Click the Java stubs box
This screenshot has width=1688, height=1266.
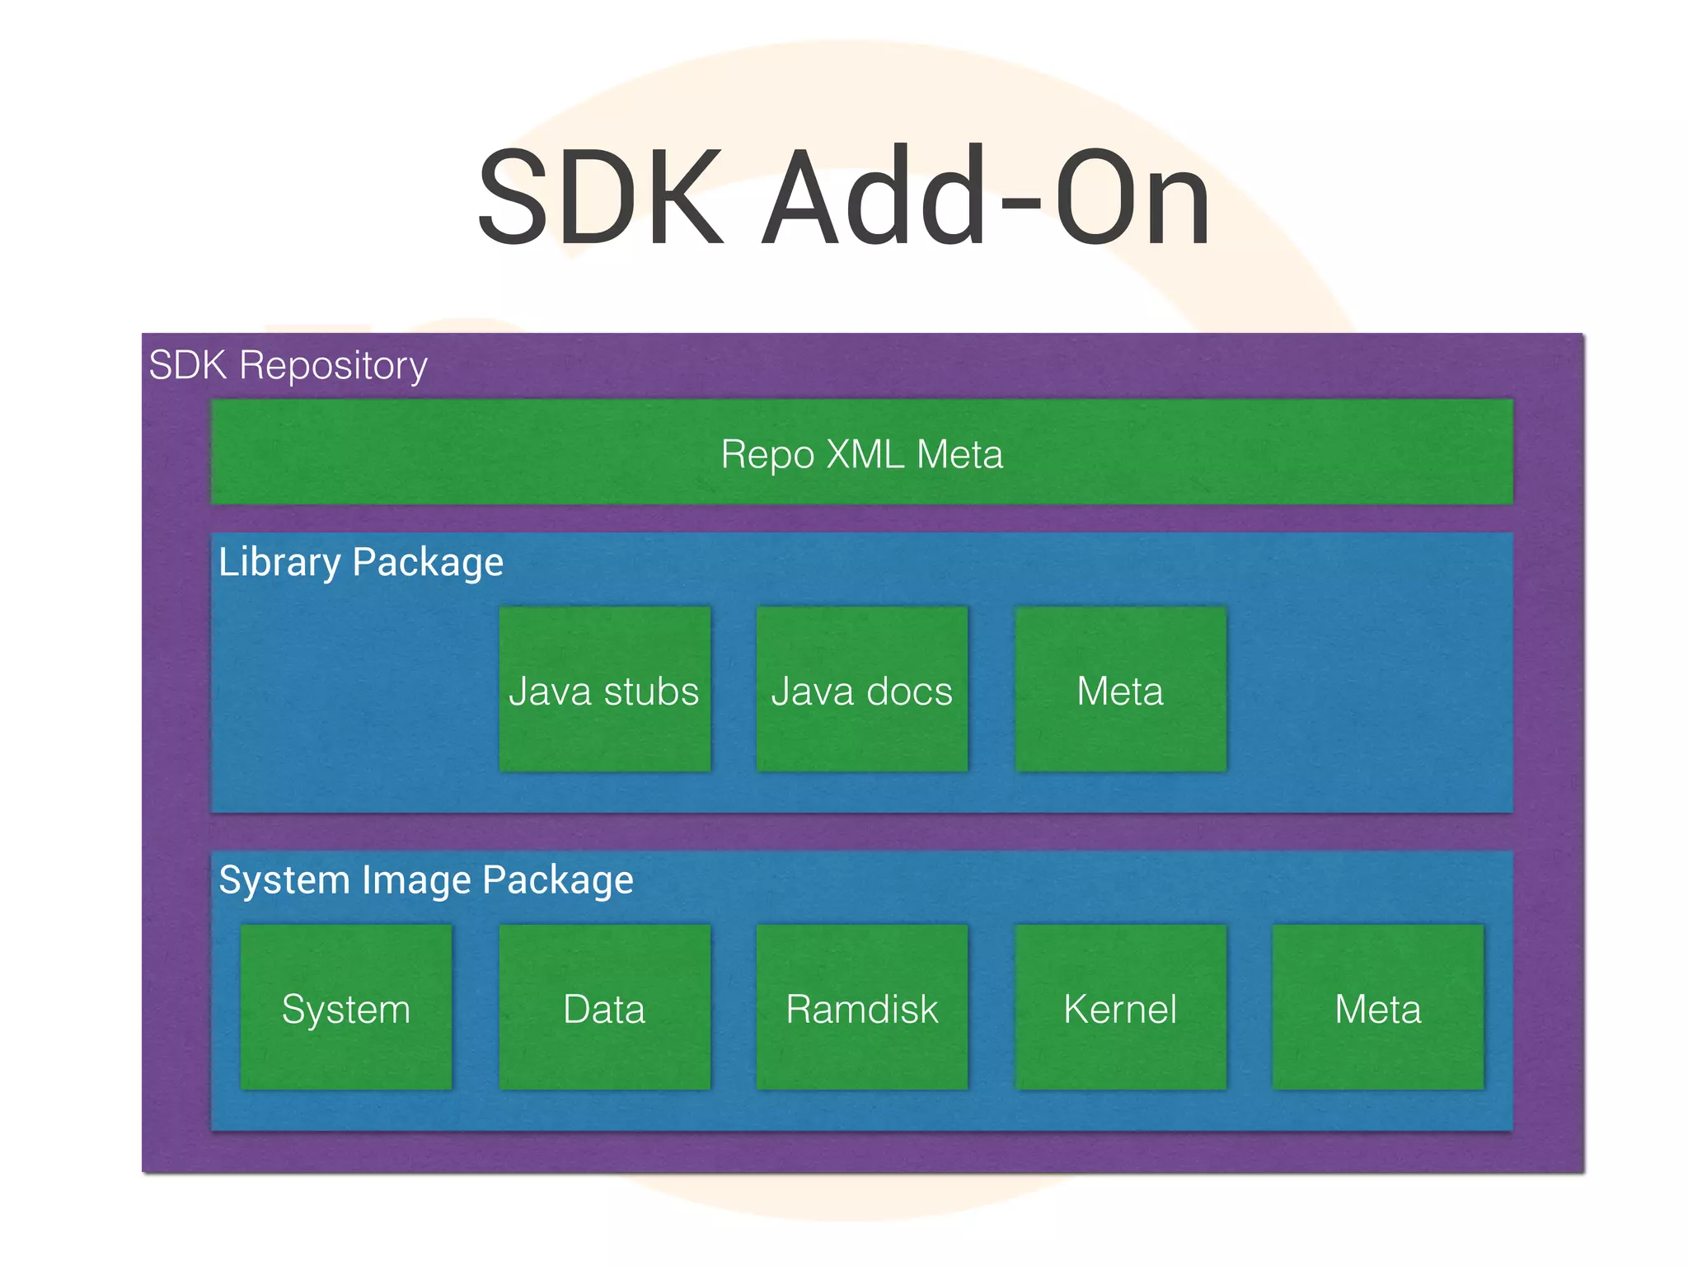click(604, 689)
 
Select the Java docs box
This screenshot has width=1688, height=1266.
click(861, 689)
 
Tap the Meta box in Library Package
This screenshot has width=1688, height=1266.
click(1120, 689)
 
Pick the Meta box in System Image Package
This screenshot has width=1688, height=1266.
click(1377, 1007)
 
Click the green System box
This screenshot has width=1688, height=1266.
click(346, 1007)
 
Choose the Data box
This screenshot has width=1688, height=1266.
click(604, 1007)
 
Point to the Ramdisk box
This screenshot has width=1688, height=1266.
click(861, 1007)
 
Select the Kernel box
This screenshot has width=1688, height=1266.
click(1120, 1007)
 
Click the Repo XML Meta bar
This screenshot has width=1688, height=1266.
click(861, 452)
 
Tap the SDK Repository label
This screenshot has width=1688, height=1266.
click(288, 365)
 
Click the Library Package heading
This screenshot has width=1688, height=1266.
click(360, 562)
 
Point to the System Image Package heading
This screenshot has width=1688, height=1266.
click(425, 879)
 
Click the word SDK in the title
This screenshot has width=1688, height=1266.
click(600, 198)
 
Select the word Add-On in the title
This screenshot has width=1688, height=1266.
click(985, 198)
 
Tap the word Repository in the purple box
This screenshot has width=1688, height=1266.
click(333, 366)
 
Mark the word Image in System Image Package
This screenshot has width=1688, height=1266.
click(416, 880)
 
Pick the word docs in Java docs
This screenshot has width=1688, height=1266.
click(908, 691)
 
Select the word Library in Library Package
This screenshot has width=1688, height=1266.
click(279, 563)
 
